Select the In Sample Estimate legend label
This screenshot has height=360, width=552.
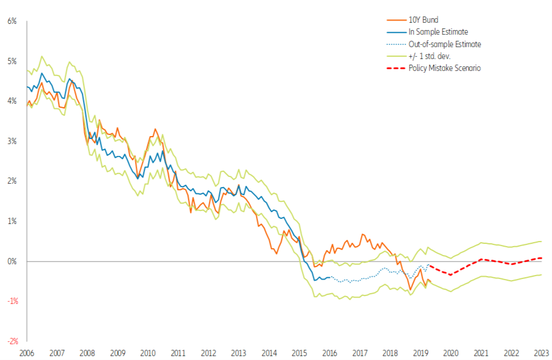438,32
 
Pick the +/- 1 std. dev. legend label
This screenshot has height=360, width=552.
430,56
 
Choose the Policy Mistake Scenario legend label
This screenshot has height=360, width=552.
445,68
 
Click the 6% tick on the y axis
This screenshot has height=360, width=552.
12,22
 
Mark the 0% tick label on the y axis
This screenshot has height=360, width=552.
12,261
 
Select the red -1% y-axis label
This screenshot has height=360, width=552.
12,301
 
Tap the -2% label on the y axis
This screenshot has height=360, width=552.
12,341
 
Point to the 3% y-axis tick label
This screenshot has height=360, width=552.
12,141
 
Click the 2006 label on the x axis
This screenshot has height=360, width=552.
26,353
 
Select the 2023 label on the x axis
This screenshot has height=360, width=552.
541,353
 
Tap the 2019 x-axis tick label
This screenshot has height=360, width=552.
420,353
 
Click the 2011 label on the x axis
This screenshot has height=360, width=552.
178,353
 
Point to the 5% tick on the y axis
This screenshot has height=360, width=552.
12,61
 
